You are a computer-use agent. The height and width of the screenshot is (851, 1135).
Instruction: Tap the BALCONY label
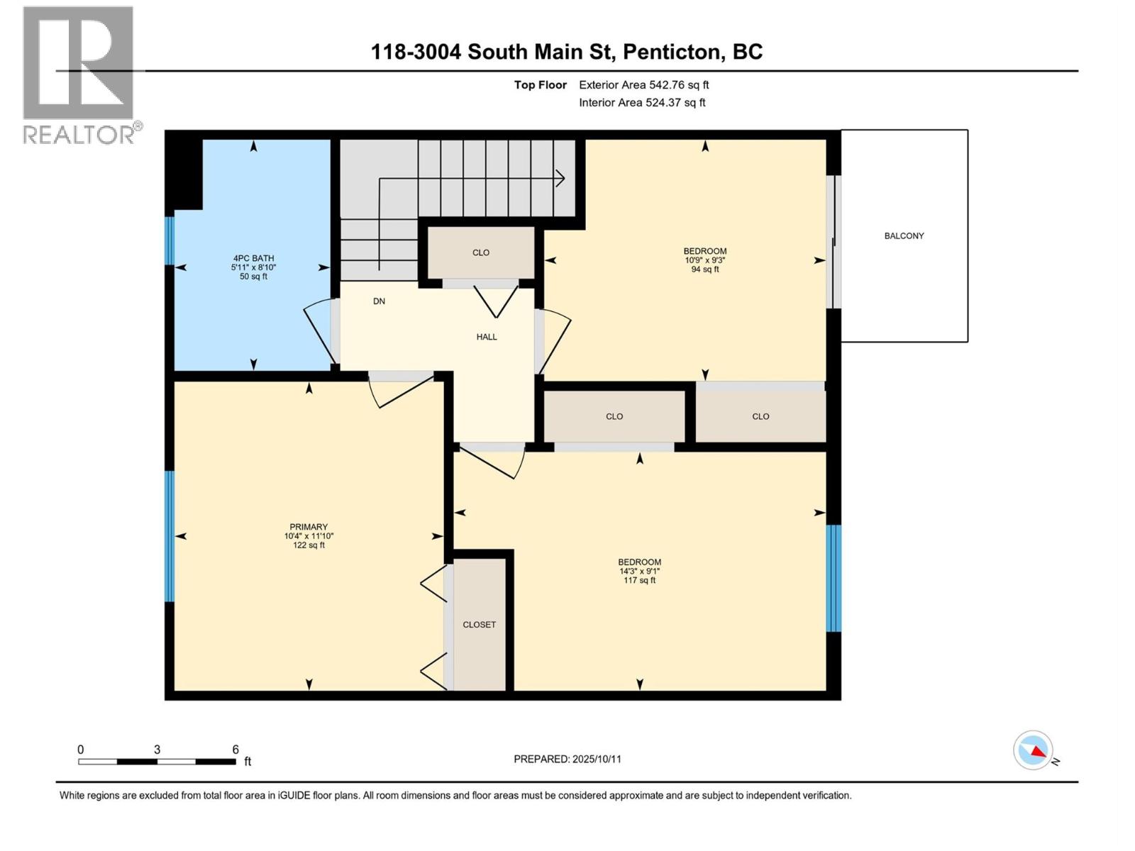pyautogui.click(x=904, y=236)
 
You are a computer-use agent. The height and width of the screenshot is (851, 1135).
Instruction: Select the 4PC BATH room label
pyautogui.click(x=253, y=259)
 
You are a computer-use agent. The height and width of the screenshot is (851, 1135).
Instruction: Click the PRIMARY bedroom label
pyautogui.click(x=309, y=527)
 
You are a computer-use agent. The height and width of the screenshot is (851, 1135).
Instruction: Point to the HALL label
pyautogui.click(x=487, y=337)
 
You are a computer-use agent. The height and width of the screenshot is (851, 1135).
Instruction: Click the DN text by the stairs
pyautogui.click(x=380, y=301)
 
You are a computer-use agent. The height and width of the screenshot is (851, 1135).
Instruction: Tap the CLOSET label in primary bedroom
pyautogui.click(x=480, y=625)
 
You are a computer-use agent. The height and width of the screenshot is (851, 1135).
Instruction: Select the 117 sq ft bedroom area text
pyautogui.click(x=639, y=580)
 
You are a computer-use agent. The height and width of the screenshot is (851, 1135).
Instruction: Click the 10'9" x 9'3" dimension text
pyautogui.click(x=704, y=260)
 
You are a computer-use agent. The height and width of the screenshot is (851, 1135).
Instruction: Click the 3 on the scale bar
pyautogui.click(x=157, y=750)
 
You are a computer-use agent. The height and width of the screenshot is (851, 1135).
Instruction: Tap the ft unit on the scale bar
pyautogui.click(x=248, y=762)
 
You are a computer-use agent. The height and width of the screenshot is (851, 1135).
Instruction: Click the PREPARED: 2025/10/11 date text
pyautogui.click(x=567, y=759)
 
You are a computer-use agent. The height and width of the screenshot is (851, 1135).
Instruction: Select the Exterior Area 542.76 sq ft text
pyautogui.click(x=643, y=85)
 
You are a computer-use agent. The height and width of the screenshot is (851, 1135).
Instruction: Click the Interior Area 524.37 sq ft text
pyautogui.click(x=642, y=103)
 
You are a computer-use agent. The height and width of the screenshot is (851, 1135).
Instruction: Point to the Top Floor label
pyautogui.click(x=541, y=85)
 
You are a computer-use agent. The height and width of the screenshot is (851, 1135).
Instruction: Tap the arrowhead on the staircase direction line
pyautogui.click(x=560, y=179)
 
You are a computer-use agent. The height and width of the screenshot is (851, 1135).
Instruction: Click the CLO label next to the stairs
pyautogui.click(x=481, y=252)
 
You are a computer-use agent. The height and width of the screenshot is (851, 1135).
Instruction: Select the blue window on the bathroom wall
pyautogui.click(x=170, y=241)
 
